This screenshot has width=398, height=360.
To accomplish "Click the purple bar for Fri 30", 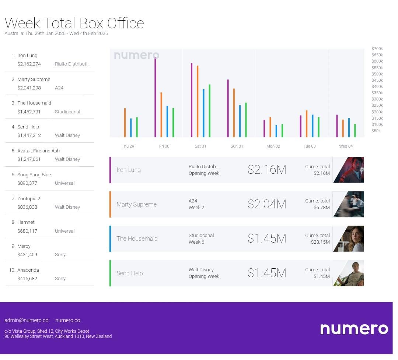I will (155, 98).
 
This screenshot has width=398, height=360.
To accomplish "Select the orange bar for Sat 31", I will (198, 101).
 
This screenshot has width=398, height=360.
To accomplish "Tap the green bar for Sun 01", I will (246, 120).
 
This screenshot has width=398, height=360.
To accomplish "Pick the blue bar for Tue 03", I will (313, 126).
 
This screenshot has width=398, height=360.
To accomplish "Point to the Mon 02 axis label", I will (273, 146).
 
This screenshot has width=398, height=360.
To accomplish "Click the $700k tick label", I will (377, 49).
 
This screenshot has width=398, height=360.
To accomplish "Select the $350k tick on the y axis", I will (377, 93).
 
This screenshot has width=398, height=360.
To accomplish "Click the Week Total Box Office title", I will (74, 23).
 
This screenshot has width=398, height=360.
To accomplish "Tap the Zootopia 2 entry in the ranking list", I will (29, 199).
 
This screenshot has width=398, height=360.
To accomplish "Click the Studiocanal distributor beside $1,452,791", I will (67, 112).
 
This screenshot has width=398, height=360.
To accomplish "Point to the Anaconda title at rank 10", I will (28, 270).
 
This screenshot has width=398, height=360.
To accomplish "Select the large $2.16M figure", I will (267, 170).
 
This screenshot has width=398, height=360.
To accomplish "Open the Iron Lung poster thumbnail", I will (349, 170).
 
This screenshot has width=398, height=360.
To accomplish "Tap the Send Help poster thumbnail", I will (349, 273).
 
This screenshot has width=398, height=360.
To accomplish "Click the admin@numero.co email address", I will (27, 320).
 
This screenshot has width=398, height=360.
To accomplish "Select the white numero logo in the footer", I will (354, 329).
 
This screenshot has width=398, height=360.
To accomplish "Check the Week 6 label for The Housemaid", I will (196, 242).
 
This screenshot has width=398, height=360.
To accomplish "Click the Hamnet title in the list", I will (26, 222).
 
